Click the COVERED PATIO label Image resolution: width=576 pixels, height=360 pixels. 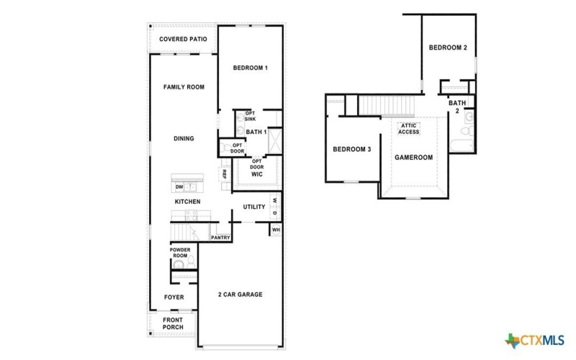click(x=183, y=39)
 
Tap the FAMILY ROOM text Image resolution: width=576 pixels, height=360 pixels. click(x=184, y=87)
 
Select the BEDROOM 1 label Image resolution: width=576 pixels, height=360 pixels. click(x=251, y=68)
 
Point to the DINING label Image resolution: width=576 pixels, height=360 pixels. click(x=184, y=139)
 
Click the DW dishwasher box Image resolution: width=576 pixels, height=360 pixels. click(x=179, y=187)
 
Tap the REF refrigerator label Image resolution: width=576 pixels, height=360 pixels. click(x=224, y=174)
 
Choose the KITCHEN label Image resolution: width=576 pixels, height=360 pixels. click(x=187, y=202)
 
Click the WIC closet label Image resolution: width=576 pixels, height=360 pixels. click(x=256, y=175)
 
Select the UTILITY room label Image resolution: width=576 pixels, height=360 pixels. click(x=254, y=207)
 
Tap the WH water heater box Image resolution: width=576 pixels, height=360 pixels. click(x=276, y=230)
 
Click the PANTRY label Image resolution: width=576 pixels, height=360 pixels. click(x=220, y=237)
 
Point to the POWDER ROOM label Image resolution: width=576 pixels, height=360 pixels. click(x=180, y=253)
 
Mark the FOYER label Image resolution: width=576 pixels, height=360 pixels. click(x=174, y=297)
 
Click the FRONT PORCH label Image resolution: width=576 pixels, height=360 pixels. click(x=173, y=323)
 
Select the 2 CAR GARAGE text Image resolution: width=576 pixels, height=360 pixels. click(x=240, y=294)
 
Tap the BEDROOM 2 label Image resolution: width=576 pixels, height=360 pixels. click(x=448, y=48)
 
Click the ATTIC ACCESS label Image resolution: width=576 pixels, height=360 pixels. click(x=409, y=129)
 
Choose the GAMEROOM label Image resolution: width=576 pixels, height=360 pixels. click(x=413, y=157)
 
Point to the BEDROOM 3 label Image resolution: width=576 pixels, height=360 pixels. click(x=351, y=150)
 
